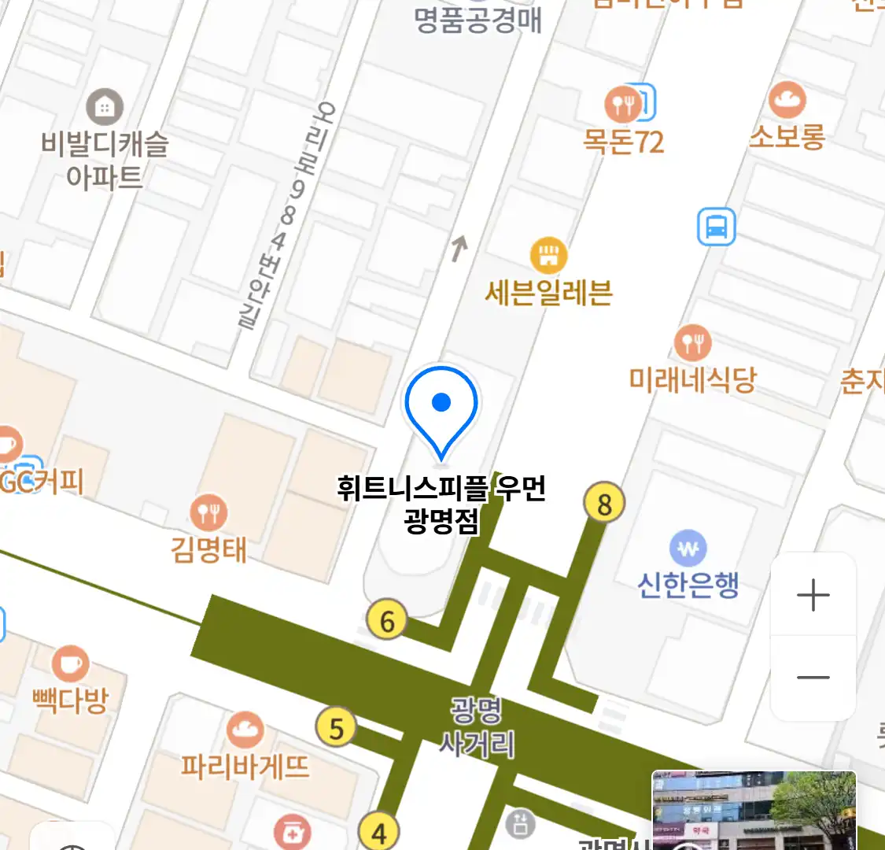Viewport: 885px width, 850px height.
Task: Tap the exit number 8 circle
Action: coord(604,503)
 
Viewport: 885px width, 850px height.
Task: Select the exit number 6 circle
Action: coord(387,621)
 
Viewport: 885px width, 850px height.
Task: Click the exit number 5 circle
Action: coord(336,728)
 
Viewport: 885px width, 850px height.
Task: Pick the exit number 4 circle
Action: coord(379,833)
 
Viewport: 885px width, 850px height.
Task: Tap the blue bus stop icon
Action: coord(716,227)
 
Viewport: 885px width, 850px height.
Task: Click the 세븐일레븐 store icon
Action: coord(548,255)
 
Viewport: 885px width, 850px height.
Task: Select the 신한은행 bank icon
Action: coord(688,549)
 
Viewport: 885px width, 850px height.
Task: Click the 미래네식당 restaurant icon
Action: coord(692,343)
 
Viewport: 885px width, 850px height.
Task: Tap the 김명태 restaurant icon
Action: coord(208,513)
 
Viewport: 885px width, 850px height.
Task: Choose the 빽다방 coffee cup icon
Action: coord(70,664)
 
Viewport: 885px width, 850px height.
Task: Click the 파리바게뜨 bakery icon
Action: coord(245,730)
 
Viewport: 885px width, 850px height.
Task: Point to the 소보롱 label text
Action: coord(787,137)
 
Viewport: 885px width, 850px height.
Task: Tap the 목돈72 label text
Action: coord(623,142)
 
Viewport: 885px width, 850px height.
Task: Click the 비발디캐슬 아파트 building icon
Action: coord(105,107)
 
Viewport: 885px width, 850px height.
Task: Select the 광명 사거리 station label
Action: coord(476,727)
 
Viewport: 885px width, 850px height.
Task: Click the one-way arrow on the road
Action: coord(459,248)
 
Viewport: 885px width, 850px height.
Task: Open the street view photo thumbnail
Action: coord(754,811)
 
